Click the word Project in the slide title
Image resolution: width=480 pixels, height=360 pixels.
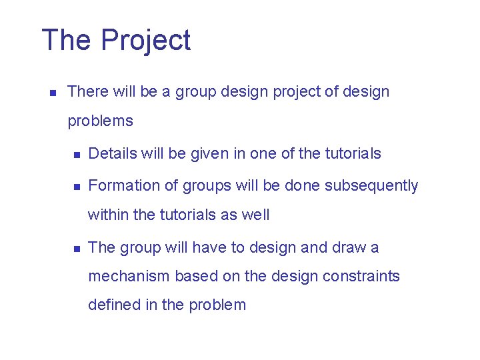click(x=146, y=41)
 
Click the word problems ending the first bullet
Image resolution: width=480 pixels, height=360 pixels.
click(x=100, y=121)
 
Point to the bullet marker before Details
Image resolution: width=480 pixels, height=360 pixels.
click(x=77, y=155)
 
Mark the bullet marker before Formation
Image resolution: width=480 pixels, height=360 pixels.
click(x=77, y=187)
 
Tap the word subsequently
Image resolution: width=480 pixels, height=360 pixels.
click(x=371, y=185)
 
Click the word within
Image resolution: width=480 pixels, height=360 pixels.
click(x=107, y=215)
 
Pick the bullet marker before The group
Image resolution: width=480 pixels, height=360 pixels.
click(x=77, y=249)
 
